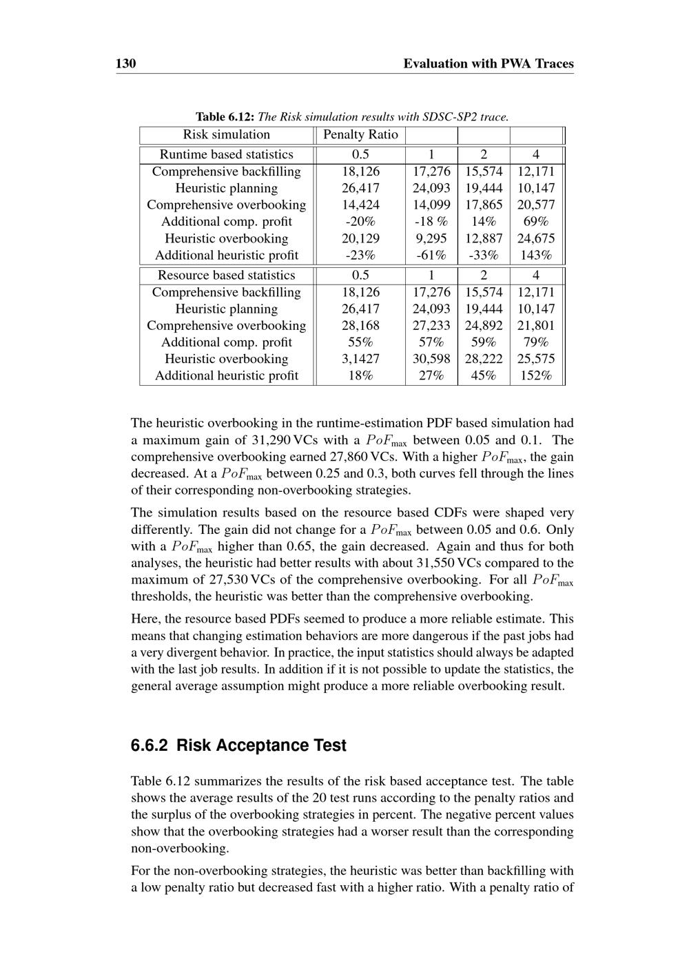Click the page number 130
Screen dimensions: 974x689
pos(125,64)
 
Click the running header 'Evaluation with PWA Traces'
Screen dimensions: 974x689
pos(488,64)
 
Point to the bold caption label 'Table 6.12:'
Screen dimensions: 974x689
pos(225,116)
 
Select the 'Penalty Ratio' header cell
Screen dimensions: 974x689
pos(360,135)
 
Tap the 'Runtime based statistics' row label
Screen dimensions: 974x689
pos(226,155)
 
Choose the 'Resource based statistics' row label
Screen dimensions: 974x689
pos(226,276)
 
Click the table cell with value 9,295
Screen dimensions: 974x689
pos(431,238)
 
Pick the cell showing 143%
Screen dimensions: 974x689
pos(536,256)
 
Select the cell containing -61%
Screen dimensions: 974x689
pos(431,256)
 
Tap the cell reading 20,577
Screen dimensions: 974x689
pos(536,205)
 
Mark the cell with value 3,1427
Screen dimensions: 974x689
pos(360,359)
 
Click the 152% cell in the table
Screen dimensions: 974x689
pos(536,376)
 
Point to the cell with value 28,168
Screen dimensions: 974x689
pos(360,326)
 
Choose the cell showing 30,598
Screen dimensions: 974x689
pos(431,359)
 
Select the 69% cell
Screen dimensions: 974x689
pos(536,222)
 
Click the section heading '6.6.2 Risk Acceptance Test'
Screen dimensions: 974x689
pos(238,745)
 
